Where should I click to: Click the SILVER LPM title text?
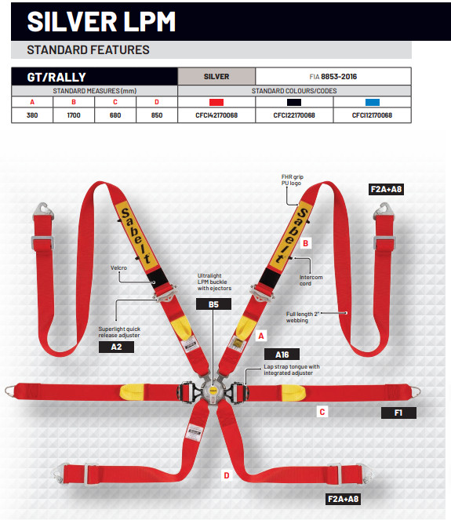[101, 21]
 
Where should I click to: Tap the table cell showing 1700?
[74, 115]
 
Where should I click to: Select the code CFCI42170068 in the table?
[216, 115]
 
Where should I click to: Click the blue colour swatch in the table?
[372, 102]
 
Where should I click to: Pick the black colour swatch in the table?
[294, 102]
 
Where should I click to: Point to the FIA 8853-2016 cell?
[333, 77]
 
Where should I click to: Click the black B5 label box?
[213, 304]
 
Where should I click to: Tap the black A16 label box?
[282, 355]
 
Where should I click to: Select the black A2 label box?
[116, 347]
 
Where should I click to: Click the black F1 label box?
[398, 413]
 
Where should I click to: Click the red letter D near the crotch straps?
[227, 475]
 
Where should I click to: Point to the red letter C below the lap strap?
[322, 412]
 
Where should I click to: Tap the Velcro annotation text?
[118, 267]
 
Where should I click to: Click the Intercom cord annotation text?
[311, 280]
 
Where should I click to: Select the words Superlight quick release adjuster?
[119, 332]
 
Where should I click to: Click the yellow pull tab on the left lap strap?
[132, 391]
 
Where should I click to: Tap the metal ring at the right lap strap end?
[415, 391]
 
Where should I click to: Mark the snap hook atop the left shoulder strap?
[44, 210]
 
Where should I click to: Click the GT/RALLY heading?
[56, 78]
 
